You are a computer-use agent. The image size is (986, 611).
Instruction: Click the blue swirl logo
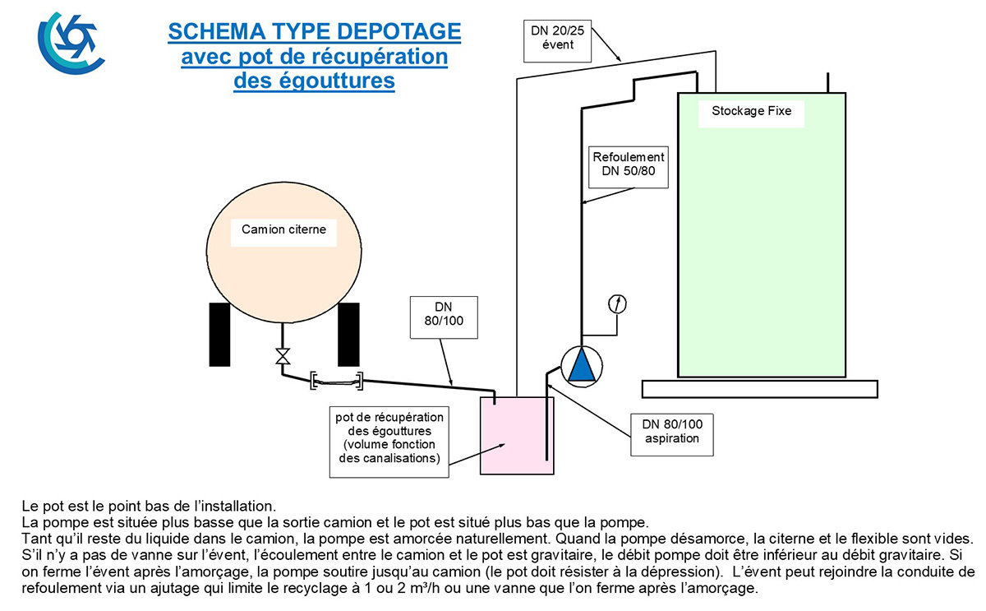(x=71, y=43)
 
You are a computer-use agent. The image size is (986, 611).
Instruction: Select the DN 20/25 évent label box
(x=557, y=41)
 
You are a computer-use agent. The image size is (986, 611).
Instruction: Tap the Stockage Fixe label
(x=751, y=111)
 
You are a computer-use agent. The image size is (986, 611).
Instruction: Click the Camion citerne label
(x=283, y=229)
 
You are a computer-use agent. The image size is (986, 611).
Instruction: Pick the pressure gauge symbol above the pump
(x=617, y=304)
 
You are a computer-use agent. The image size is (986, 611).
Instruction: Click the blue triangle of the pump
(x=582, y=365)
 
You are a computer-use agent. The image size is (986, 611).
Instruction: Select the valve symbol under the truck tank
(x=283, y=356)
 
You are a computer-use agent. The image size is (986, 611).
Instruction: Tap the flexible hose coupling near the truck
(x=337, y=381)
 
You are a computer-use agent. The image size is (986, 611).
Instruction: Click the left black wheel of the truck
(x=219, y=335)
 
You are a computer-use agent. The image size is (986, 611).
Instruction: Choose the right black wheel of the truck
(x=348, y=335)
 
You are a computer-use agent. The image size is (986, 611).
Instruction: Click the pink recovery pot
(x=517, y=436)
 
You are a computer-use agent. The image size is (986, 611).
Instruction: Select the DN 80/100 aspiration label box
(x=672, y=435)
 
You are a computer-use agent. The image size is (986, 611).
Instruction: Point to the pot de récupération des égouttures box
(x=389, y=442)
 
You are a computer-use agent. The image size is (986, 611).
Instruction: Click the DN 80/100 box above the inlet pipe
(x=444, y=317)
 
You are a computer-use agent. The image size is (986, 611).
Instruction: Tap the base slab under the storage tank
(x=760, y=390)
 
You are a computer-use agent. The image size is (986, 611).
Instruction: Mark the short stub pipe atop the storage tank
(x=828, y=83)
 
